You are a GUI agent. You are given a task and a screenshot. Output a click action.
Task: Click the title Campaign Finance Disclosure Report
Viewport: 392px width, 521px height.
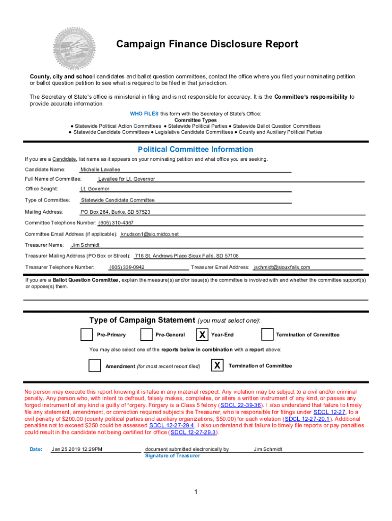click(207, 44)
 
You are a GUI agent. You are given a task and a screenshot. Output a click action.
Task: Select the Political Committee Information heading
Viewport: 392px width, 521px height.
click(195, 150)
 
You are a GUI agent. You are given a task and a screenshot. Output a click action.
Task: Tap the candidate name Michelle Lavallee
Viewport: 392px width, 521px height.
click(100, 169)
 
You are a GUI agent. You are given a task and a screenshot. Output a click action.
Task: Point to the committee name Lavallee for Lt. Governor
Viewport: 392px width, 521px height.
click(126, 179)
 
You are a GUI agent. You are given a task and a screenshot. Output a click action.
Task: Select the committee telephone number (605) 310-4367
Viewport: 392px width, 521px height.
click(116, 223)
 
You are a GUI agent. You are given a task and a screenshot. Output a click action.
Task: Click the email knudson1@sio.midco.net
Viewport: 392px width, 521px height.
click(150, 234)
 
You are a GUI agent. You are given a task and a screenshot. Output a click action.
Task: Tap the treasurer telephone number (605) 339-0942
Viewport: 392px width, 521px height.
click(127, 267)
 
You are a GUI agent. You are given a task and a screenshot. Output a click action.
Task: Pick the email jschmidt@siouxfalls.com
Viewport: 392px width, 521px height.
click(282, 267)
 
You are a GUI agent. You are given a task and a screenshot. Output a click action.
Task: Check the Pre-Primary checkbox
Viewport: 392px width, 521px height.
click(87, 335)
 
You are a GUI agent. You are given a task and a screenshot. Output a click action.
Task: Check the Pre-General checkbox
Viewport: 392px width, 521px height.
click(146, 335)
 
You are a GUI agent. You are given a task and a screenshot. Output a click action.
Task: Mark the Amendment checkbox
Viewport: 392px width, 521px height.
click(95, 366)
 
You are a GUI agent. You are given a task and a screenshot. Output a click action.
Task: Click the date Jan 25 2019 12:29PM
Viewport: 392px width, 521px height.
click(77, 449)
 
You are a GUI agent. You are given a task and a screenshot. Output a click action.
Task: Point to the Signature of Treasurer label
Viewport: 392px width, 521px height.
click(172, 456)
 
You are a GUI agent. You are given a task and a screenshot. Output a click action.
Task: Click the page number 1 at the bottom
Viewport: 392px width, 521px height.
click(195, 491)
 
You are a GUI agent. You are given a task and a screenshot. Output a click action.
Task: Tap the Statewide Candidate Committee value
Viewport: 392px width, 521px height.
click(118, 200)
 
